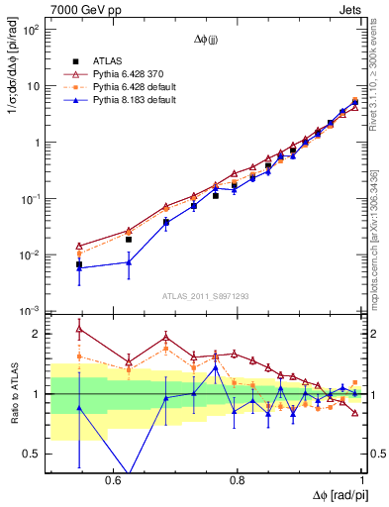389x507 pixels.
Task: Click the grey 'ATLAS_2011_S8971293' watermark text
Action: pyautogui.click(x=206, y=297)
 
